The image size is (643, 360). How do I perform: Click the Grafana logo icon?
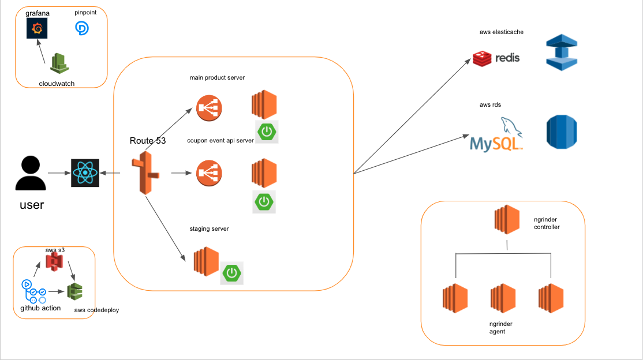[37, 28]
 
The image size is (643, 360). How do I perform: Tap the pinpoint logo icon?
[83, 28]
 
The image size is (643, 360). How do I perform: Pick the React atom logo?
[85, 173]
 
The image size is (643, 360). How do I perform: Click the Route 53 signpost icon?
[145, 174]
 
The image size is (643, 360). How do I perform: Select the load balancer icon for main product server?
[210, 107]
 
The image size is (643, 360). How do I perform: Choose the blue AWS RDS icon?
[562, 132]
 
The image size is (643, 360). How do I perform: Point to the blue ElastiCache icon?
[562, 52]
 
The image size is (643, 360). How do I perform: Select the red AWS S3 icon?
[54, 263]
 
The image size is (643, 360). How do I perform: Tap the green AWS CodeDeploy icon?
[74, 291]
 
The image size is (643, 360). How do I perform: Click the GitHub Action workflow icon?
[33, 291]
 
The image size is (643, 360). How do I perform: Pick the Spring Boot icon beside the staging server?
[232, 272]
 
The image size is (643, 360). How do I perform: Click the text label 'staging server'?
[209, 229]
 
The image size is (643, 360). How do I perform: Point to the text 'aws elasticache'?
[502, 32]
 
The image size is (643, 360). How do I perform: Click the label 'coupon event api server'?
[220, 141]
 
